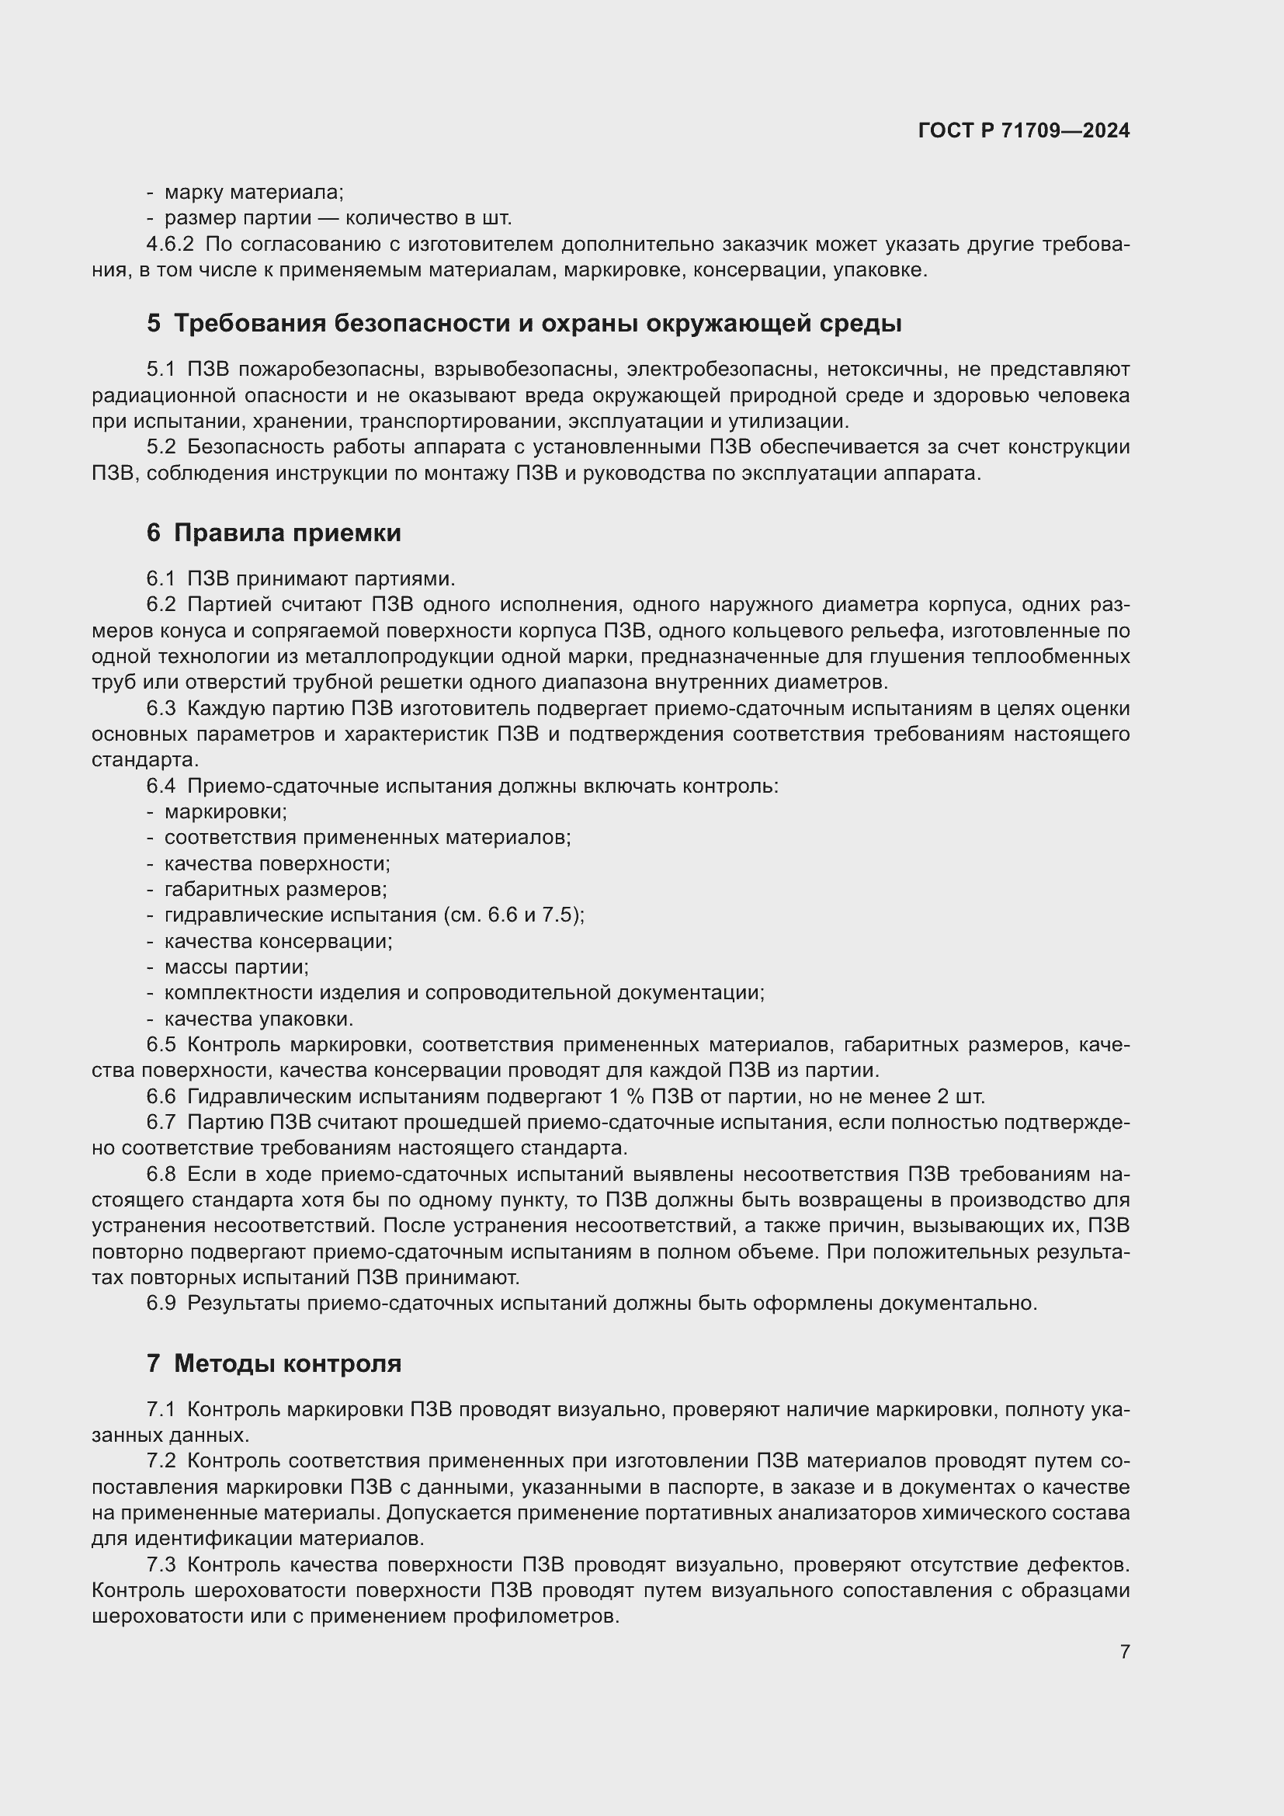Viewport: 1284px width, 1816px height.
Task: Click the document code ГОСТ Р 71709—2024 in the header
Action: click(1023, 130)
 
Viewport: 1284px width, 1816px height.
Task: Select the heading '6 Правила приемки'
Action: click(273, 533)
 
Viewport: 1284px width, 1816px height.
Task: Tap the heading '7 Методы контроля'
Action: click(273, 1363)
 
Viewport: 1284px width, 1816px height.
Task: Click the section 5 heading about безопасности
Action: click(523, 323)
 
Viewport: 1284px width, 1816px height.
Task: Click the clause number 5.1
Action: click(161, 370)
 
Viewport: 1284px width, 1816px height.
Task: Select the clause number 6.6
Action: click(161, 1096)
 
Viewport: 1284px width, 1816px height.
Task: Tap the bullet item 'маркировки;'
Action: click(225, 811)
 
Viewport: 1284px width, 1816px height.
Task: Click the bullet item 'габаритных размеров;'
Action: click(275, 889)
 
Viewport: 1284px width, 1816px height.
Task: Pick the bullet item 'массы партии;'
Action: click(237, 967)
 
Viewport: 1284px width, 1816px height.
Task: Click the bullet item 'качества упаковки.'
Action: click(259, 1019)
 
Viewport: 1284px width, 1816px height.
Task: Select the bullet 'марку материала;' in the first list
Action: click(254, 193)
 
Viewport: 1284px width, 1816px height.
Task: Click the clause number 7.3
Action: click(161, 1564)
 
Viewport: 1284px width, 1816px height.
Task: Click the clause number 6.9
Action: click(161, 1303)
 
